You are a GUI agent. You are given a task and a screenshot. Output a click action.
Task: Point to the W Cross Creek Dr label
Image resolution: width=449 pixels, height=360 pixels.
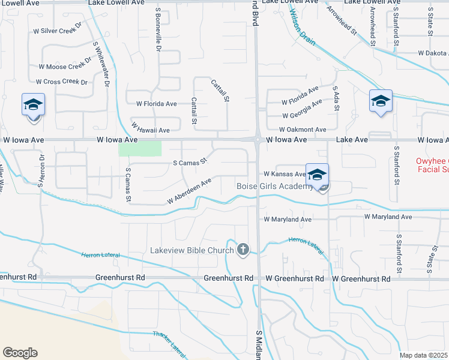(62, 82)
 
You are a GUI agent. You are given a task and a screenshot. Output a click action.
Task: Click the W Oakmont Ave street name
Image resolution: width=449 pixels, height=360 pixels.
(302, 130)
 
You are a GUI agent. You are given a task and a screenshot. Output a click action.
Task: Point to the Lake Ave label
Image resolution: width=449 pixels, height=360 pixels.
(352, 139)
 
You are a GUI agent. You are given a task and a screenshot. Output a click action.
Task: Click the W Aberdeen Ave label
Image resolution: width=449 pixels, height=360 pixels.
(190, 190)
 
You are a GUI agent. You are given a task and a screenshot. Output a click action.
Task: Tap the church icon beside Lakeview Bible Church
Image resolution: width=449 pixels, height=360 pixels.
(243, 249)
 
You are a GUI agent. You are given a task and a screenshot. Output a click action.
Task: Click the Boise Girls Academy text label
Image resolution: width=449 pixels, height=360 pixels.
(274, 187)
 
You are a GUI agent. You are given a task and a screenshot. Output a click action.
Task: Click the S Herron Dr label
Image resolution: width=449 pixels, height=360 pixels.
(42, 170)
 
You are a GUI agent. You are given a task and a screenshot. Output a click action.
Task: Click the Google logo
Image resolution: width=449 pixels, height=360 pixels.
(20, 353)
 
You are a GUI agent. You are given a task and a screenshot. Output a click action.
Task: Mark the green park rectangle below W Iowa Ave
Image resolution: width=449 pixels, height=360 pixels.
(140, 149)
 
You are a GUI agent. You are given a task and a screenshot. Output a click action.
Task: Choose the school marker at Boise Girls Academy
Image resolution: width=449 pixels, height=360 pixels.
(318, 176)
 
